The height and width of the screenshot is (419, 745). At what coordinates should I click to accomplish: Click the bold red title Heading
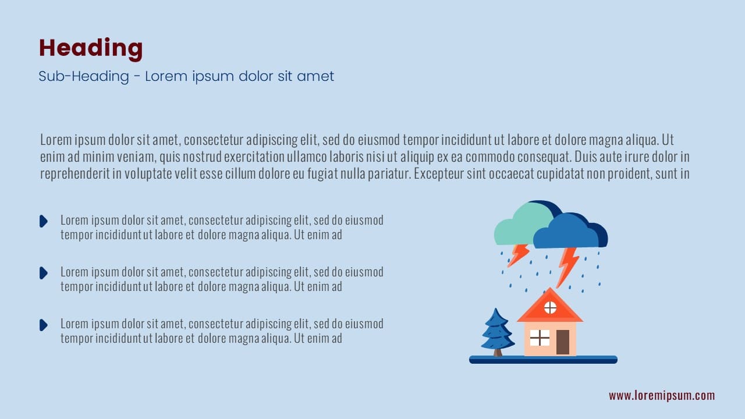[x=91, y=49]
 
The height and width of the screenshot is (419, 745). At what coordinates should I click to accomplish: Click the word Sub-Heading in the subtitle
[x=84, y=76]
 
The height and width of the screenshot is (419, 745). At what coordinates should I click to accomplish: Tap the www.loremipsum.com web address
[x=662, y=396]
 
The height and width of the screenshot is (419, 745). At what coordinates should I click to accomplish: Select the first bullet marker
[x=44, y=221]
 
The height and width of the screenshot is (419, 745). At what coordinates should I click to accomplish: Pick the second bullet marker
[x=44, y=273]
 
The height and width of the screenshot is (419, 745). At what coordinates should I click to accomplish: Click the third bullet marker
[x=44, y=325]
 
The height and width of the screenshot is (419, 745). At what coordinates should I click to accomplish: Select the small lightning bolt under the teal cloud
[x=518, y=255]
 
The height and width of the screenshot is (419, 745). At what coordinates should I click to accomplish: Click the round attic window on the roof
[x=550, y=308]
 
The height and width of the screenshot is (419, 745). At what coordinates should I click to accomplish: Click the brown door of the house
[x=563, y=342]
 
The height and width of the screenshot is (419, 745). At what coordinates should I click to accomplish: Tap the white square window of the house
[x=540, y=338]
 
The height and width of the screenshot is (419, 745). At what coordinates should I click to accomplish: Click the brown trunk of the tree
[x=498, y=353]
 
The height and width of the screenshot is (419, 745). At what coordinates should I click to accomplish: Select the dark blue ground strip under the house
[x=543, y=360]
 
